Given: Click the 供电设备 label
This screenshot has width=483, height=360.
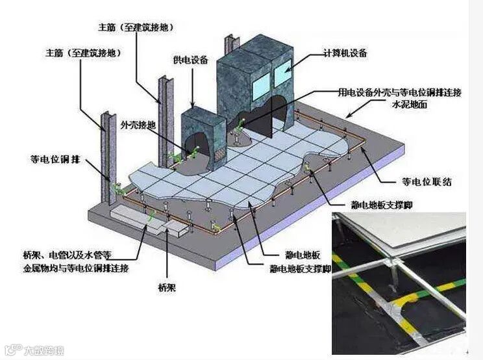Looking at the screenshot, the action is [x=190, y=60].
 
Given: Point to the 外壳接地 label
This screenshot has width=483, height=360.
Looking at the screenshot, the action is [x=137, y=124].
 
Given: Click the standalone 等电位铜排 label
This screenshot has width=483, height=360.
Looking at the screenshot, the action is [x=55, y=158].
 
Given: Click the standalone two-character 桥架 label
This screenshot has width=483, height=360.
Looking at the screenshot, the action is [x=167, y=287].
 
